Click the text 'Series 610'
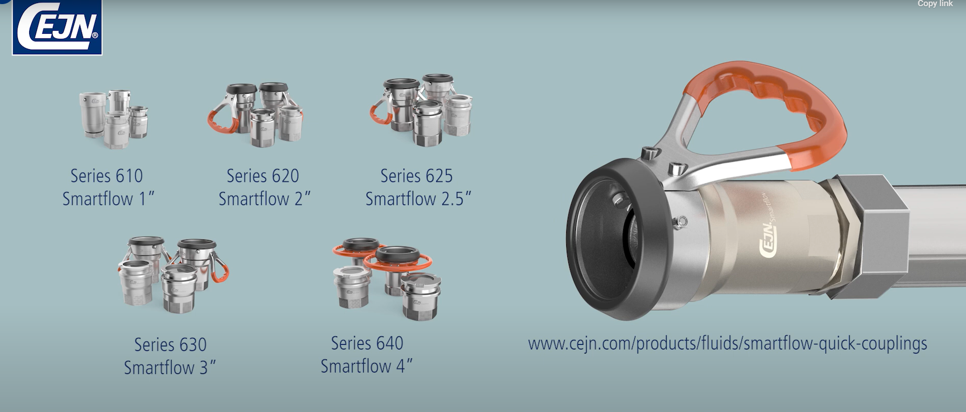click(x=107, y=176)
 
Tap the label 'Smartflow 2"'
click(x=264, y=199)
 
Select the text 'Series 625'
click(x=417, y=176)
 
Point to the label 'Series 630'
click(x=171, y=344)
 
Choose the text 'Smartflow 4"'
click(x=367, y=366)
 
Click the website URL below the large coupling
click(x=728, y=343)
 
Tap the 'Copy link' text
click(x=935, y=4)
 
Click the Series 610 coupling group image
click(x=114, y=119)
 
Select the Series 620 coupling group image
click(x=255, y=114)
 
